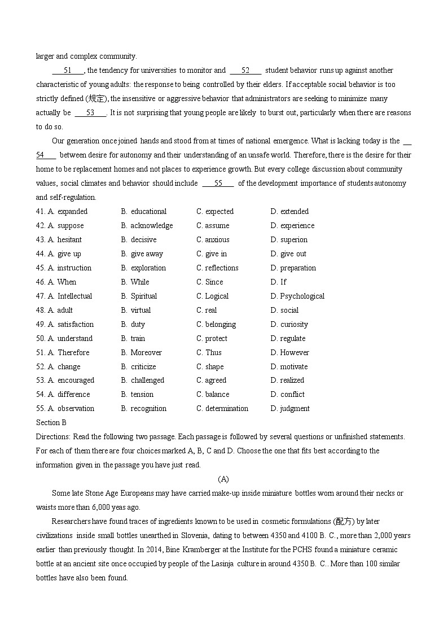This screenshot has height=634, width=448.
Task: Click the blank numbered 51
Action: pyautogui.click(x=68, y=71)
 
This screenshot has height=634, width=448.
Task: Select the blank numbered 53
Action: pyautogui.click(x=90, y=113)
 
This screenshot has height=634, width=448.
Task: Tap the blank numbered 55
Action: pyautogui.click(x=218, y=183)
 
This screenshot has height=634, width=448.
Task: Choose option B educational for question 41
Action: pyautogui.click(x=143, y=212)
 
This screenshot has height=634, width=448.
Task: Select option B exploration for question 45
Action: pyautogui.click(x=143, y=268)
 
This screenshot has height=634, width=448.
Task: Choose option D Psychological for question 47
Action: pyautogui.click(x=297, y=296)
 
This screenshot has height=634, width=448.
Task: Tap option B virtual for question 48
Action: pyautogui.click(x=136, y=311)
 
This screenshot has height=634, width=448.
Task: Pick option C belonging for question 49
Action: pyautogui.click(x=216, y=325)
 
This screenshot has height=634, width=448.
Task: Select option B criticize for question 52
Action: pyautogui.click(x=138, y=367)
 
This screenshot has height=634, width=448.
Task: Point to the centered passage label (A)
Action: pyautogui.click(x=223, y=479)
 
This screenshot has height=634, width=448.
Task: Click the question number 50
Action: pyautogui.click(x=41, y=339)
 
